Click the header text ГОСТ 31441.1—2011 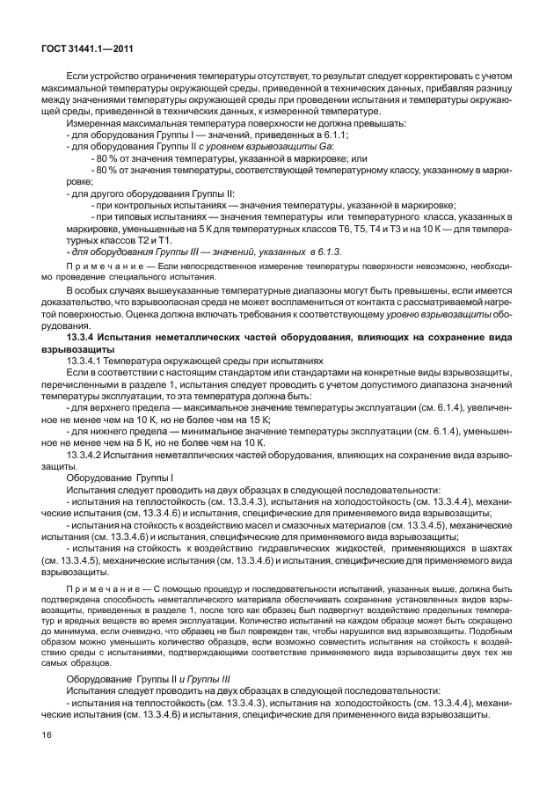point(84,49)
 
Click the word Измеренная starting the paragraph point(95,123)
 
